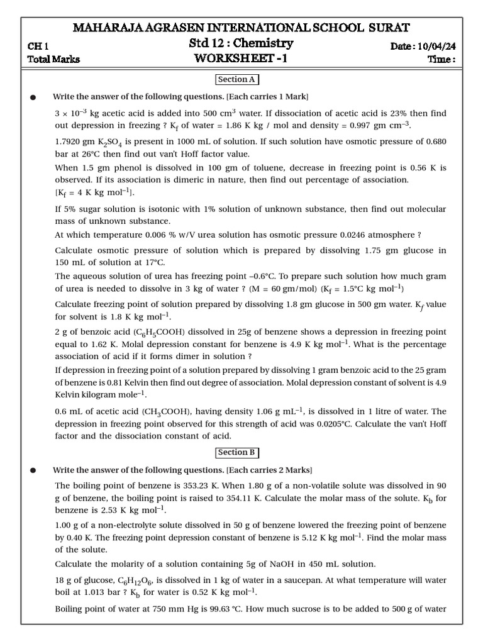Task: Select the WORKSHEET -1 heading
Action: click(241, 59)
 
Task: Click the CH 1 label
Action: click(38, 46)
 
